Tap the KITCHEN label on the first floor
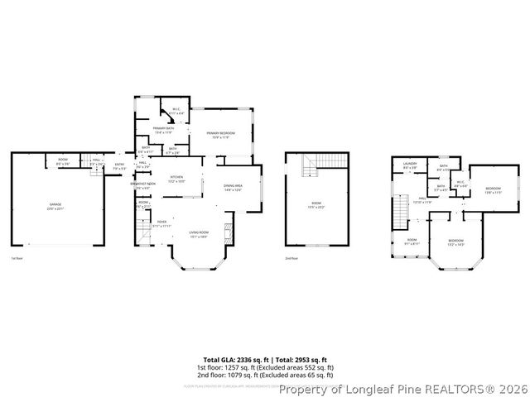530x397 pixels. (x=176, y=177)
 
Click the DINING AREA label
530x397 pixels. (x=233, y=186)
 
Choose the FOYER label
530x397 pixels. (x=150, y=222)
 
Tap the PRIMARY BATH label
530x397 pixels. (x=162, y=128)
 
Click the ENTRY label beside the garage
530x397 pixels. (x=119, y=165)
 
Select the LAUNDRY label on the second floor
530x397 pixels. (x=409, y=165)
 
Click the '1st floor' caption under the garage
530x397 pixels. (x=17, y=259)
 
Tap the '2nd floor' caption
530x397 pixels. (x=291, y=259)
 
